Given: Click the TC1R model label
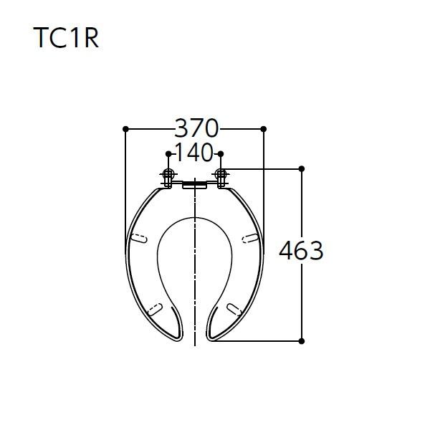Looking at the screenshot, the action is click(66, 38).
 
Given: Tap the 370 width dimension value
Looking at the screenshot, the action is click(196, 128).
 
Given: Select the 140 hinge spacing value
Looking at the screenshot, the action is click(194, 152).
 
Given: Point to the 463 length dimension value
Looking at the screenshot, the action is click(301, 251).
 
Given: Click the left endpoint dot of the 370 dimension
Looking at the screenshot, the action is click(125, 129).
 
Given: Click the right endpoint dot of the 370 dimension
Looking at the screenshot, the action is click(264, 129).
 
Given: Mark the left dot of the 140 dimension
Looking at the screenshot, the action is click(168, 154).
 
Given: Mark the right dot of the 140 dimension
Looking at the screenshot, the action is click(221, 154).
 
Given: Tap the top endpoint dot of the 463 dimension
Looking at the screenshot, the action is click(302, 168).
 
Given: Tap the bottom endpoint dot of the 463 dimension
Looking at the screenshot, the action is click(302, 341).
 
